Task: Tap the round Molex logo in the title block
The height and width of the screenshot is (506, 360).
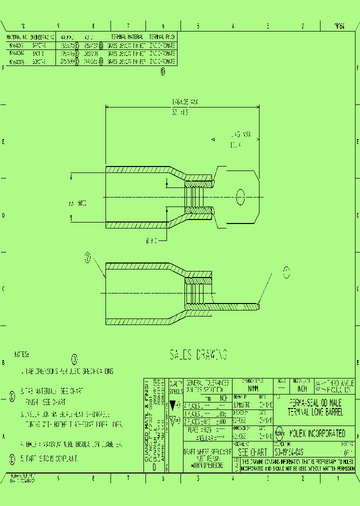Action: point(279,433)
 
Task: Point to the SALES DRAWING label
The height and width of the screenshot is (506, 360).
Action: point(198,355)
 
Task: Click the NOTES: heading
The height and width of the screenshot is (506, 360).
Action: point(21,354)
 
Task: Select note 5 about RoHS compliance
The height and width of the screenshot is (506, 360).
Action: point(48,458)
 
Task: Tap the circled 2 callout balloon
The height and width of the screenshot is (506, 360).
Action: point(88,257)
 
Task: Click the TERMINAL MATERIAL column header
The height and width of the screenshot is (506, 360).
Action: point(127,37)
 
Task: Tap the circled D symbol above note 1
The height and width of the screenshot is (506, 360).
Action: point(74,359)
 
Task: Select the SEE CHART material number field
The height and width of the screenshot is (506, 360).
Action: point(252,451)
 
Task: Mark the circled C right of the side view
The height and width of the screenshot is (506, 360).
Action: point(286,272)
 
